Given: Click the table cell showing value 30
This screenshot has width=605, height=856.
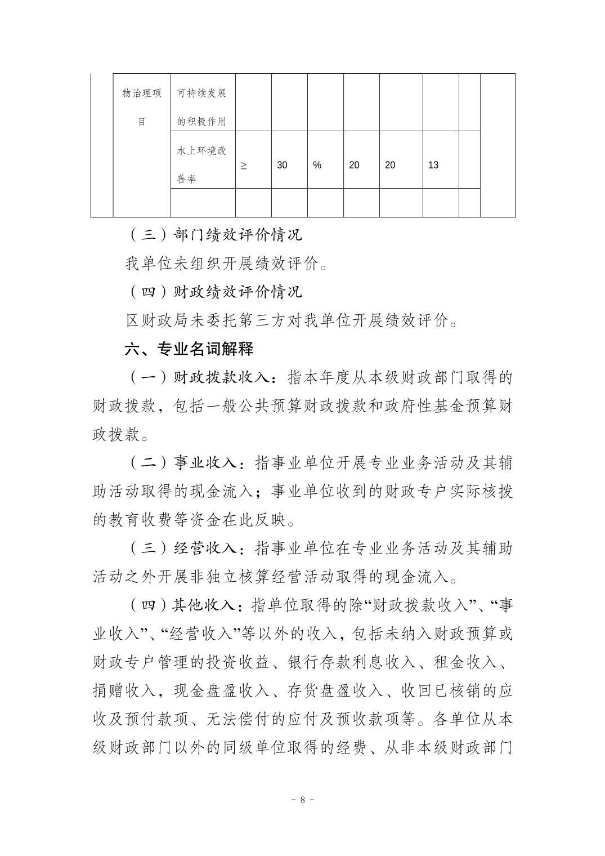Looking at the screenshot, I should click(x=282, y=165).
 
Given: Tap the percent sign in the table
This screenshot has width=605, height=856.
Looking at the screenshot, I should click(x=317, y=165).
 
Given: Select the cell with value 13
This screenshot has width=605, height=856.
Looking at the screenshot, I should click(x=433, y=165).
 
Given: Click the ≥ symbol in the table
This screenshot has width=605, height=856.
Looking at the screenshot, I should click(x=244, y=166).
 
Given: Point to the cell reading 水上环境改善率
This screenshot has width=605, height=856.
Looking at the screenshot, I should click(x=201, y=165).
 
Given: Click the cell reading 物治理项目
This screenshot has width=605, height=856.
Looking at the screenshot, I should click(x=142, y=107).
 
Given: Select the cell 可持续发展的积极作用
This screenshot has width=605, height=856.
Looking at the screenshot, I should click(x=201, y=107).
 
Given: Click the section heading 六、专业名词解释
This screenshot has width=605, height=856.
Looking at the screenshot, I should click(x=189, y=349).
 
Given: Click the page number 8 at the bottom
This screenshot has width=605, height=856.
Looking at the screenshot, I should click(x=303, y=799).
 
